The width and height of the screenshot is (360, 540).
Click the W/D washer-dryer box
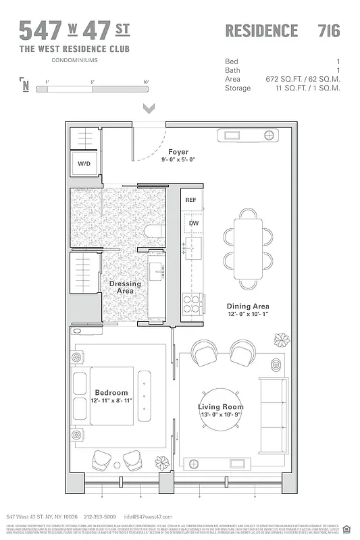pos(85,163)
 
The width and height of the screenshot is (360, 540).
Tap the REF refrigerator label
pos(191,200)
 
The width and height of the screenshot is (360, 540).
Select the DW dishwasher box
pos(193,223)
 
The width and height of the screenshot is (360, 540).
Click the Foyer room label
pos(179,152)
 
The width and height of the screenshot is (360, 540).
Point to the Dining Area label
pos(247,306)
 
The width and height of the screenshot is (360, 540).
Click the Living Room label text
pos(220,407)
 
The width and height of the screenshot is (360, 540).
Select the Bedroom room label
pos(111,393)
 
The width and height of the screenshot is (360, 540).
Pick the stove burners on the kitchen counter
pos(191,302)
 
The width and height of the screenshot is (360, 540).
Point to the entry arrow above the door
pos(149,108)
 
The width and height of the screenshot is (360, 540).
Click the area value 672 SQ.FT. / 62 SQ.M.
pos(303,79)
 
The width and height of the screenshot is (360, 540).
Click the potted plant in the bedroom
pos(162,462)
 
